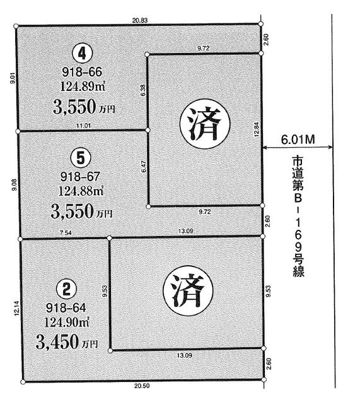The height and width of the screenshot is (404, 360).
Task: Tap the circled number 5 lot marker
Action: pos(78,155)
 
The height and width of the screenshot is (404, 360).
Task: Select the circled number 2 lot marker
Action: pos(66,289)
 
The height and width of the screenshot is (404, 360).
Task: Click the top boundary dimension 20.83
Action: pos(140,21)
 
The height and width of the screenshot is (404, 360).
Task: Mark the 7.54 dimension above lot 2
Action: pos(64,234)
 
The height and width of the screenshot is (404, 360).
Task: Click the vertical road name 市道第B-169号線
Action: pos(297,215)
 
